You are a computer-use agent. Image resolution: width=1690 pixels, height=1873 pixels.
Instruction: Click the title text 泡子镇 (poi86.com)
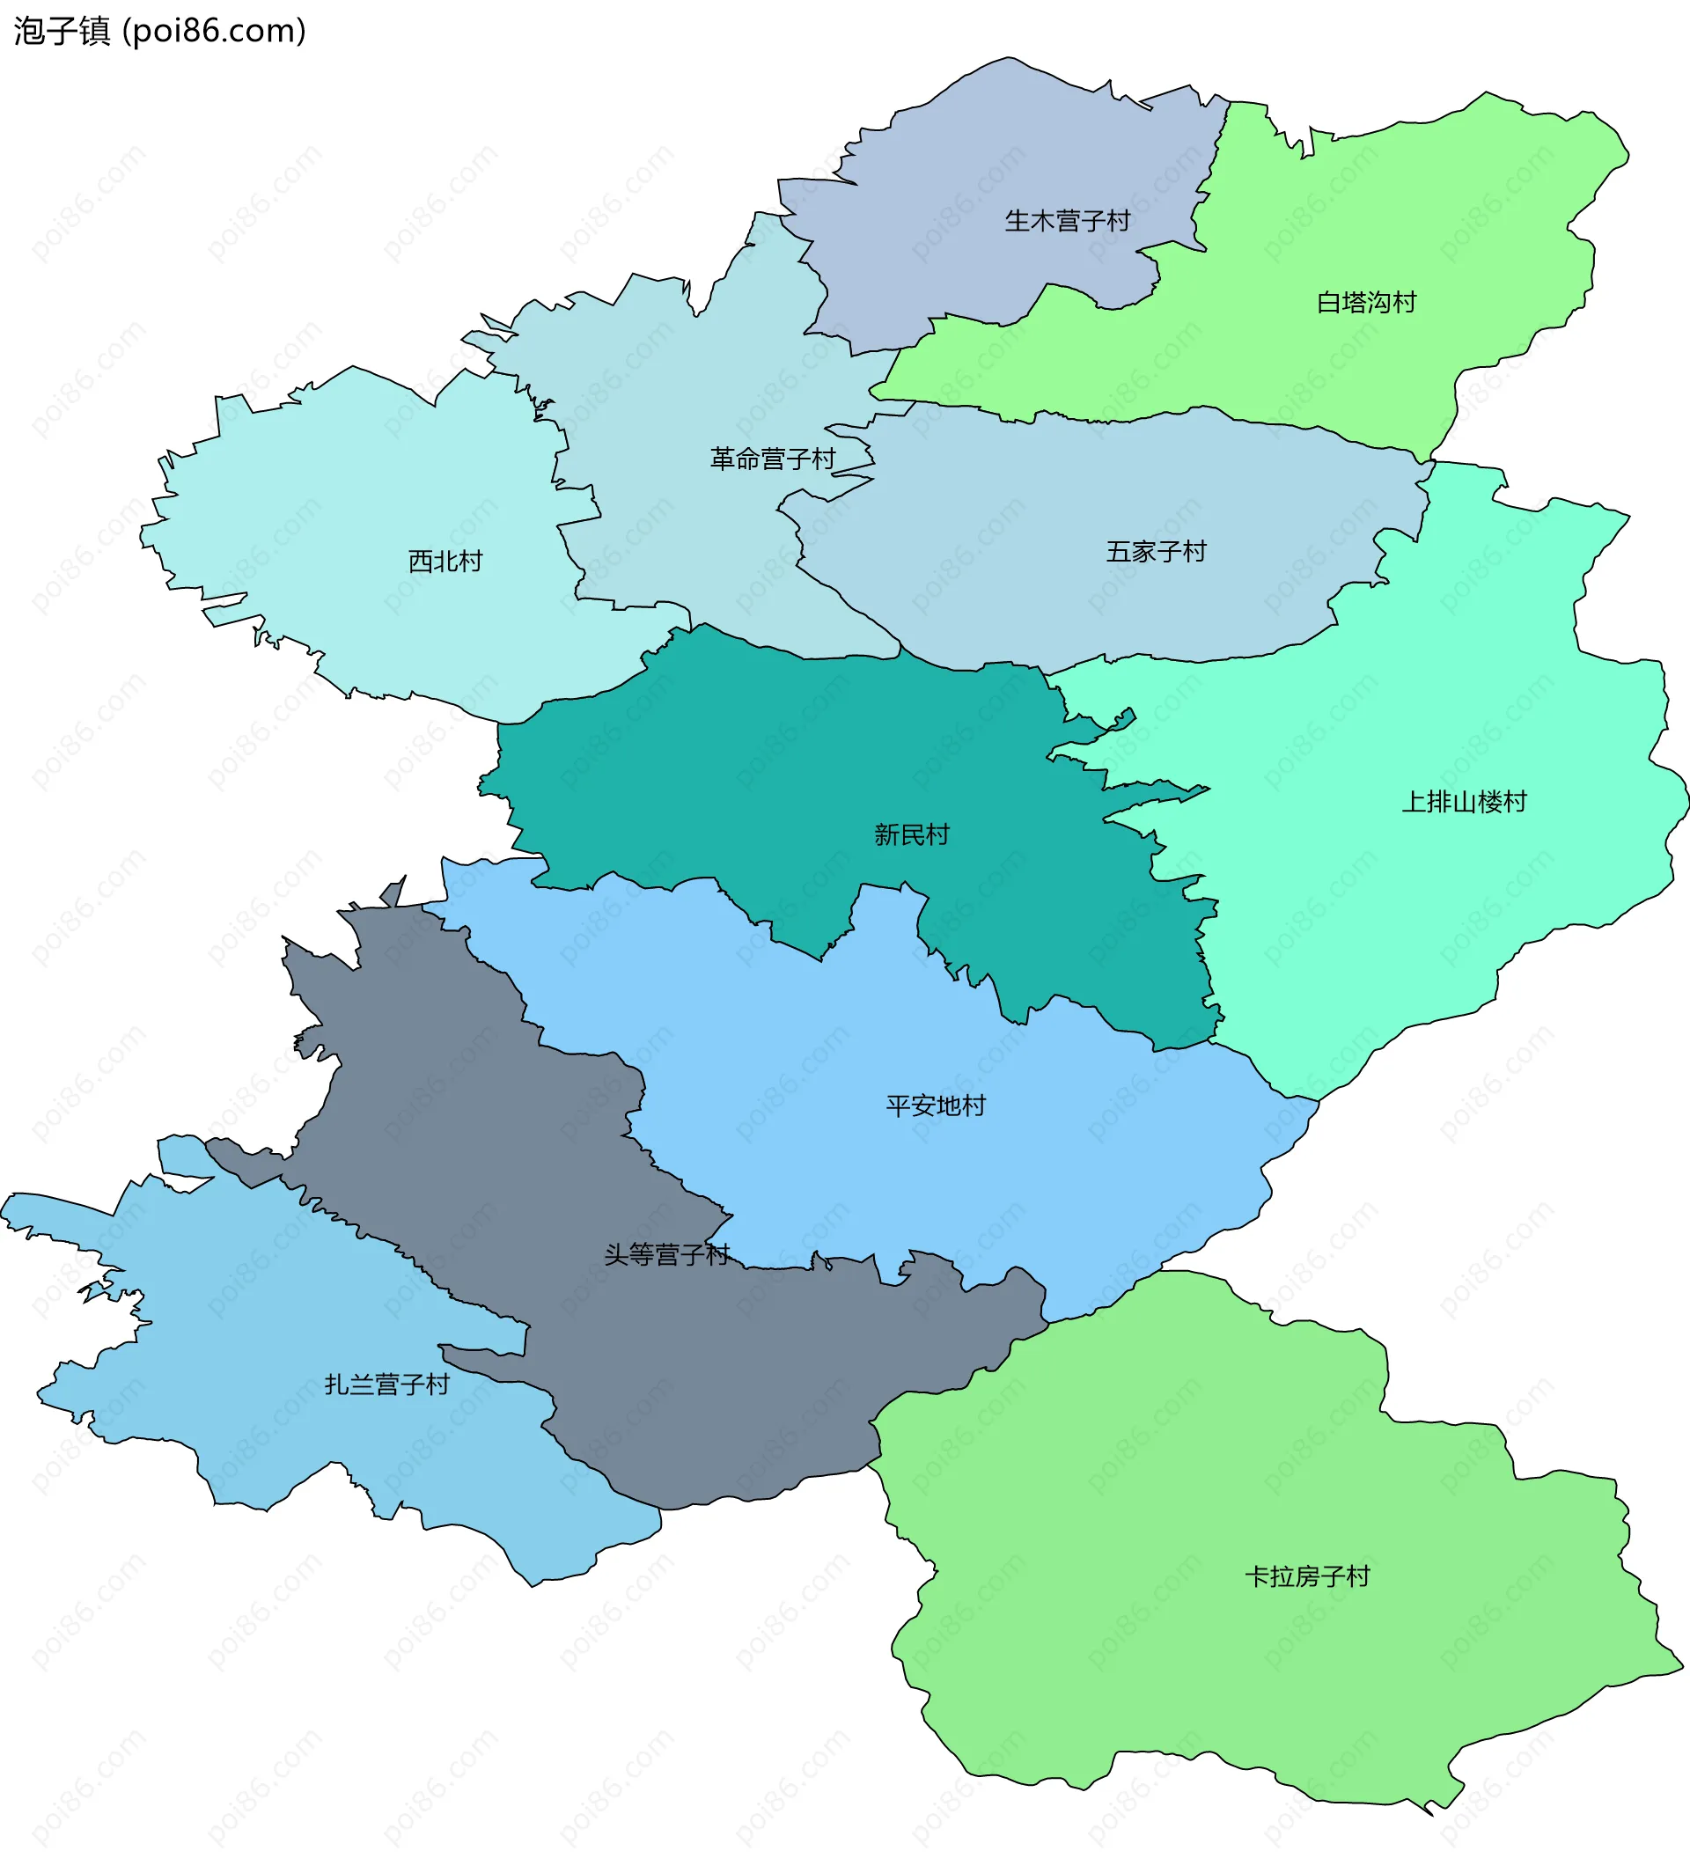pyautogui.click(x=159, y=32)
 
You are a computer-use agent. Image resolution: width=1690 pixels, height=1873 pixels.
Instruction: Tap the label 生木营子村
pyautogui.click(x=1067, y=221)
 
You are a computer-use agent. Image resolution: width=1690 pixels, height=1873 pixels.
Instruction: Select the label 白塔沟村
pyautogui.click(x=1366, y=303)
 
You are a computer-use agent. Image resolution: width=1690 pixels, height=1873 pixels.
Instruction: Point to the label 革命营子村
pyautogui.click(x=773, y=459)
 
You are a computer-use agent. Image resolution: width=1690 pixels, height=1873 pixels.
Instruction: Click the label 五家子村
pyautogui.click(x=1155, y=552)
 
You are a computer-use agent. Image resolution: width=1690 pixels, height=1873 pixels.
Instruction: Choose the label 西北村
pyautogui.click(x=445, y=561)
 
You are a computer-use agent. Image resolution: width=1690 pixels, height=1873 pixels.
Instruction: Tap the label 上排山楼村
pyautogui.click(x=1464, y=801)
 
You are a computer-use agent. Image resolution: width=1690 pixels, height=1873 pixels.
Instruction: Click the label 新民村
pyautogui.click(x=911, y=834)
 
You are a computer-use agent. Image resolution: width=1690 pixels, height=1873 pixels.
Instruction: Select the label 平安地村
pyautogui.click(x=935, y=1105)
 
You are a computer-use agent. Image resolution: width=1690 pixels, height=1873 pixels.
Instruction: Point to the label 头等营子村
pyautogui.click(x=666, y=1254)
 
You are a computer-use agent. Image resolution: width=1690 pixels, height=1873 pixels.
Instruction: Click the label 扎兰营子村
pyautogui.click(x=386, y=1385)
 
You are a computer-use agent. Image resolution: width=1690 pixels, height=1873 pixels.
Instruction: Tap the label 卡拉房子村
pyautogui.click(x=1306, y=1576)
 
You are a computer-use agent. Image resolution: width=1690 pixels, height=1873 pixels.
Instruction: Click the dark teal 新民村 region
pyautogui.click(x=743, y=790)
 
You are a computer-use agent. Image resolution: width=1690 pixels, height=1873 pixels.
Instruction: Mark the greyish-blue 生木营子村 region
pyautogui.click(x=975, y=167)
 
